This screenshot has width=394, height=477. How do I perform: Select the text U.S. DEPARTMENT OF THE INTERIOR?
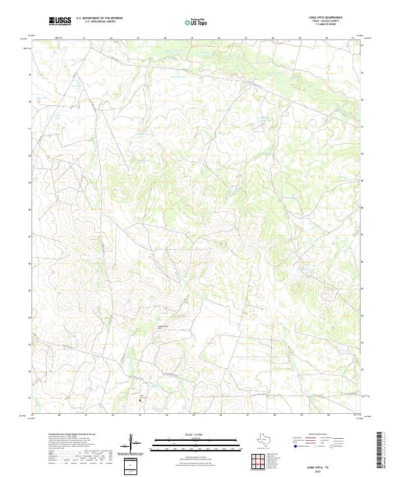coord(99,18)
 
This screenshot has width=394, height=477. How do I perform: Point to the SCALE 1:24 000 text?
coord(194,434)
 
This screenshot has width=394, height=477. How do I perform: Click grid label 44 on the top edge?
coord(165,38)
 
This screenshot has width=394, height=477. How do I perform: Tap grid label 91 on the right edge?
coord(362,128)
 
